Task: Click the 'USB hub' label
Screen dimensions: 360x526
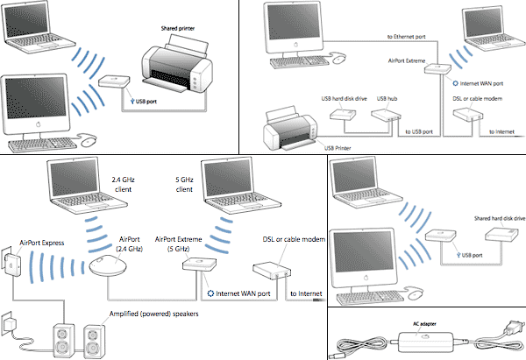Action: [x=387, y=98]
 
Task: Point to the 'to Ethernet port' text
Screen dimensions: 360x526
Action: [x=409, y=38]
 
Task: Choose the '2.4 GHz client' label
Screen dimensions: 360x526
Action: [x=127, y=184]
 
